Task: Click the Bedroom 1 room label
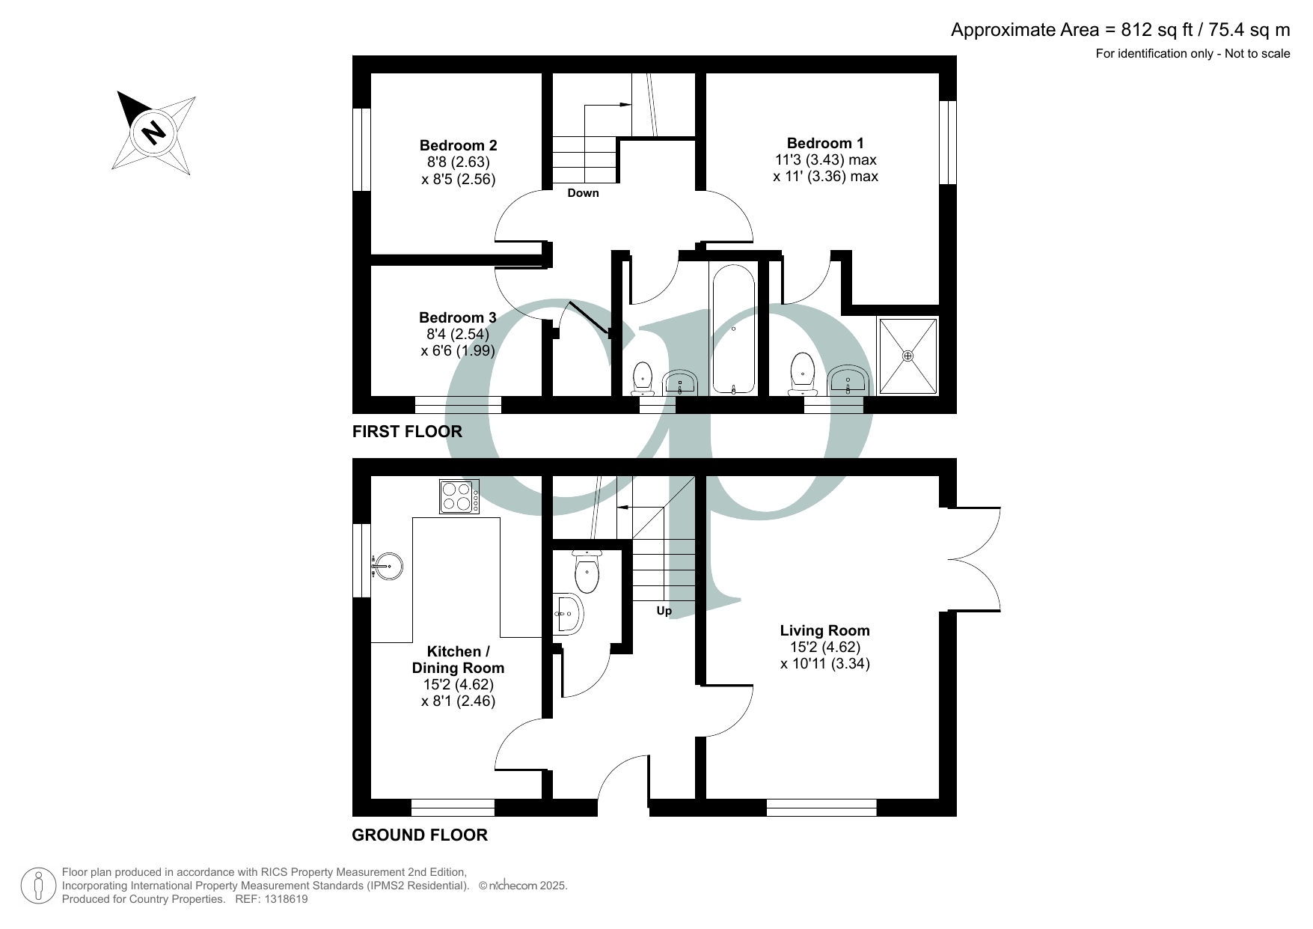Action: (824, 143)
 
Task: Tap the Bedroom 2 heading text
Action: (458, 145)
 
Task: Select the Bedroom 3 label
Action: (457, 317)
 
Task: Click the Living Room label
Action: (824, 630)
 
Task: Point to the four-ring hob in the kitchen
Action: (459, 496)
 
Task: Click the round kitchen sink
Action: (388, 566)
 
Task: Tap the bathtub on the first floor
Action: (733, 329)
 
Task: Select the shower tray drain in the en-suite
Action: (908, 356)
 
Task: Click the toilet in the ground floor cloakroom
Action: (587, 573)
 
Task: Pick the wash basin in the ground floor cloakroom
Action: (569, 615)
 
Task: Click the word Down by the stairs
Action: (583, 193)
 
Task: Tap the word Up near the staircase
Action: (664, 611)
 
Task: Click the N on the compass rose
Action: (153, 133)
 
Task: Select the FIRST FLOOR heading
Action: (407, 432)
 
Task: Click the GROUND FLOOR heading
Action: (420, 835)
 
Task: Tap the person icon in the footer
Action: (38, 886)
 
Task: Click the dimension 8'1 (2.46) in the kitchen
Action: (458, 701)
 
